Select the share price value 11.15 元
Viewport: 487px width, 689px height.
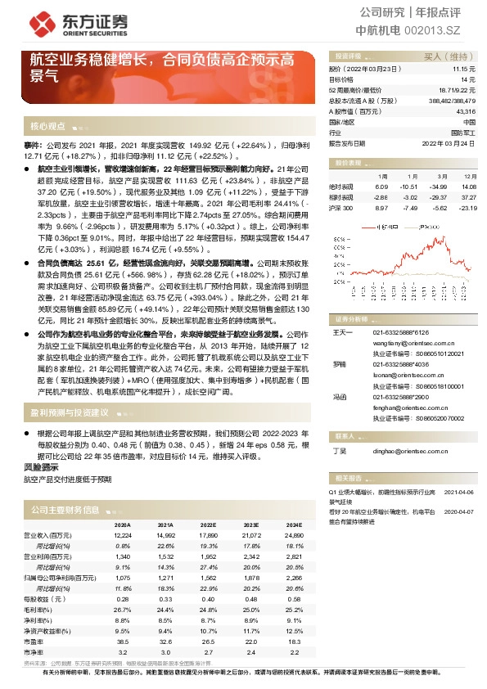(464, 70)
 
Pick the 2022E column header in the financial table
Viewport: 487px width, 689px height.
(207, 525)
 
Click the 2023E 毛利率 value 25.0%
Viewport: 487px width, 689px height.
(252, 610)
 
